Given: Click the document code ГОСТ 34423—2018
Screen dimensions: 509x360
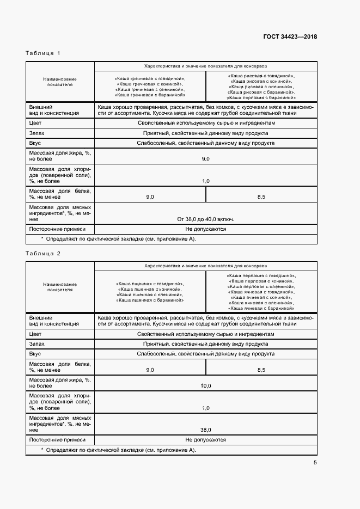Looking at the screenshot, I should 290,37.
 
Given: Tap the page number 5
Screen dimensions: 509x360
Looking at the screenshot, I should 315,463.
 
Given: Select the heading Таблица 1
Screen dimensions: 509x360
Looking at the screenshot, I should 43,53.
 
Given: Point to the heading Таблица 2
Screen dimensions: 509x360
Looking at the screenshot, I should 43,254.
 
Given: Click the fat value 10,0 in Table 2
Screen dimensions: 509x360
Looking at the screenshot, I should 205,385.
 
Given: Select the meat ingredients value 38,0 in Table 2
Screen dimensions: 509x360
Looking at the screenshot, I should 205,430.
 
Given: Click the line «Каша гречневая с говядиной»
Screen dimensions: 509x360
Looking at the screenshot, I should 150,79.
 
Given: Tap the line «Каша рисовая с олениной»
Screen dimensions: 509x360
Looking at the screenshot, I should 261,87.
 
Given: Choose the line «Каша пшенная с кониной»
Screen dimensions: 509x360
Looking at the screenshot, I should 150,290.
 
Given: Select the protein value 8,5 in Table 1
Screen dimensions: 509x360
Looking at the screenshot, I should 261,197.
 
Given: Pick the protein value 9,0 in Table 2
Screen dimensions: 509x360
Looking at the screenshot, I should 150,370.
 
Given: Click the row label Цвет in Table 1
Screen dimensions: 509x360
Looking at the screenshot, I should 35,123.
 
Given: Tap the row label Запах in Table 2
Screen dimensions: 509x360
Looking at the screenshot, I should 37,344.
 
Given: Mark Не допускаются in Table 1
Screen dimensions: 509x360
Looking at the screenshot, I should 205,229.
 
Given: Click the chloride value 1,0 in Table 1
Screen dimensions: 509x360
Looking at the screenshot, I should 205,181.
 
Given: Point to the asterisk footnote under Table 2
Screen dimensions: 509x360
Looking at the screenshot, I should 118,450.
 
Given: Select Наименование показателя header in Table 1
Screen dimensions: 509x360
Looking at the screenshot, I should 60,82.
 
